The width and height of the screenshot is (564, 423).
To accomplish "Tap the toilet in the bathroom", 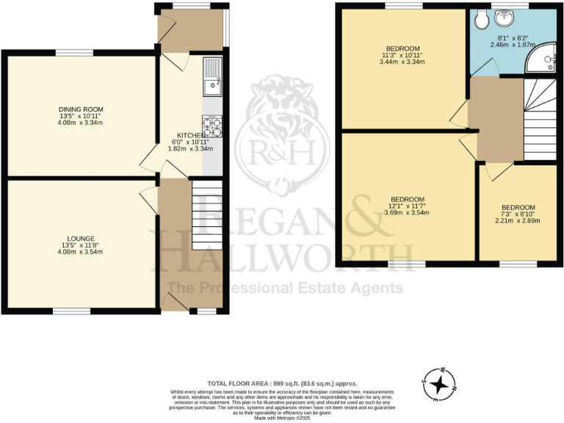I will tap(482, 18).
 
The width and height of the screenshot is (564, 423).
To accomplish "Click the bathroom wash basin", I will tap(505, 18).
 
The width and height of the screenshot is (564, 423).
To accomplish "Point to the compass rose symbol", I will tap(438, 384).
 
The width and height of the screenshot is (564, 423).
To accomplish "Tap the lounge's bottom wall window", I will tap(71, 311).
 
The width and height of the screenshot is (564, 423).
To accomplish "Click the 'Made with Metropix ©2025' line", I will tap(282, 418).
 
